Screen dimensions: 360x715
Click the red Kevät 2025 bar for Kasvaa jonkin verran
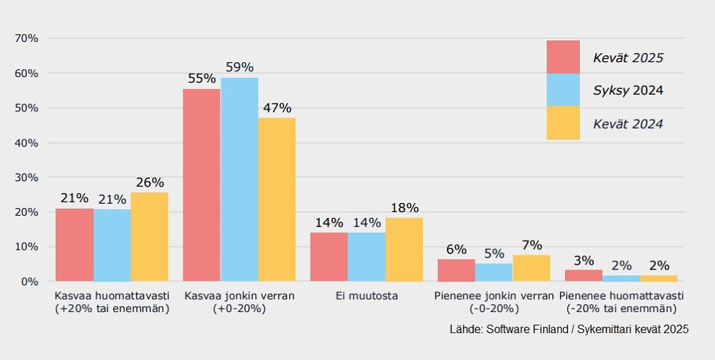click(202, 185)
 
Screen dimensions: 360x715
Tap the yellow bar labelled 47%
click(277, 199)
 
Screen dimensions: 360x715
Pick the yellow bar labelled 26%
click(149, 237)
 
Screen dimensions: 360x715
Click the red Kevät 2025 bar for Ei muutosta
click(329, 257)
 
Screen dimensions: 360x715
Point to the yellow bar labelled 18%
click(404, 250)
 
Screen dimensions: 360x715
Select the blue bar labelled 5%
click(494, 272)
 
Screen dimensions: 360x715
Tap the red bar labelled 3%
click(583, 275)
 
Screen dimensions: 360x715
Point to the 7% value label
click(531, 245)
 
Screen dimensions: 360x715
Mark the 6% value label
click(456, 250)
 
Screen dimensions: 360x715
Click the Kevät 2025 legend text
click(628, 58)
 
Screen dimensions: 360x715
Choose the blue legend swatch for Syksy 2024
click(563, 90)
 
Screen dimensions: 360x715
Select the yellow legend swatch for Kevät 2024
click(563, 123)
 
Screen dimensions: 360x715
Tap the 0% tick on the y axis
click(29, 281)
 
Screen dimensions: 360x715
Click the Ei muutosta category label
click(366, 296)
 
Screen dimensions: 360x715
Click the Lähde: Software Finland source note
click(569, 330)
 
